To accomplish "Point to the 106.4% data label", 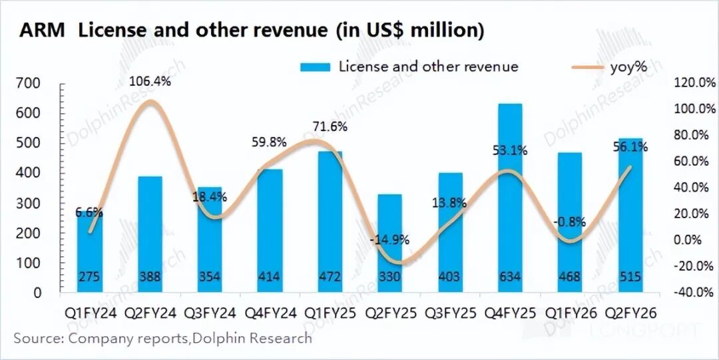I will click(150, 83).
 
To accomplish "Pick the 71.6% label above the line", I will click(331, 127).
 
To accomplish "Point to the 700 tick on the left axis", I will click(31, 83).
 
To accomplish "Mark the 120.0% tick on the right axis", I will click(692, 83).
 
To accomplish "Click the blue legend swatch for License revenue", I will click(316, 67).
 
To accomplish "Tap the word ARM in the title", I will click(41, 31).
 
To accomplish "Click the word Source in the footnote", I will click(37, 338).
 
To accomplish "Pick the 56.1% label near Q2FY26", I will click(630, 148).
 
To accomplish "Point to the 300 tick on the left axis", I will click(31, 203).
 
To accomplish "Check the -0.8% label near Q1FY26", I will click(567, 222).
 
